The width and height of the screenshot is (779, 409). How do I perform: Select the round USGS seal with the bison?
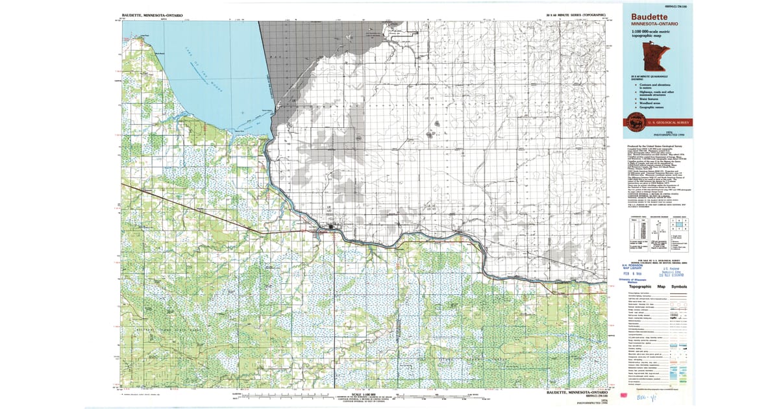point(634,121)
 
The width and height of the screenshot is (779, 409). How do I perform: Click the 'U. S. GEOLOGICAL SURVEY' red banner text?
point(668,122)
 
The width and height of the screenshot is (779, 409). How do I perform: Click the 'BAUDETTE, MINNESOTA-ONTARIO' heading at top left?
point(152,14)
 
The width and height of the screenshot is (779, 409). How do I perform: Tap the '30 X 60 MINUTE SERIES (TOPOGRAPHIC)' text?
point(575,14)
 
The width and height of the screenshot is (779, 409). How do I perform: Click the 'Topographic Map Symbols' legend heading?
point(657,286)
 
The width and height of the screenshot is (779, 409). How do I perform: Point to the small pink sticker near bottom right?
point(624,395)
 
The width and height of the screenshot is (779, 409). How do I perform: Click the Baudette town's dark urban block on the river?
point(332,227)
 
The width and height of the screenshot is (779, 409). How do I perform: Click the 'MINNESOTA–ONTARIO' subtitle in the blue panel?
point(647,24)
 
